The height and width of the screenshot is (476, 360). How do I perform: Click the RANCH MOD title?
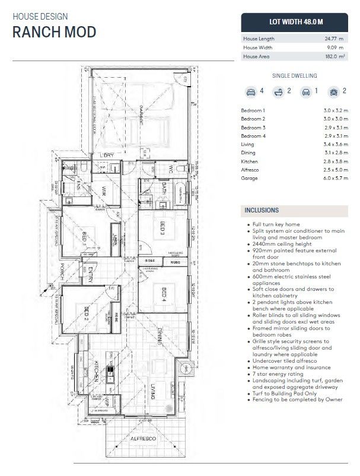point(54,32)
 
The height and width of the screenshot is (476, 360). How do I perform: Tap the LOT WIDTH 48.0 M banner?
point(296,21)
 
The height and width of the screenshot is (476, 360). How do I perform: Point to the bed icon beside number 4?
point(251,92)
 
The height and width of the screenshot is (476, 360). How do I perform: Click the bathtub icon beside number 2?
point(277,92)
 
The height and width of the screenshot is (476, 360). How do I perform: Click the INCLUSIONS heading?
point(262,210)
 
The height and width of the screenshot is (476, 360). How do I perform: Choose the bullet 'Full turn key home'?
point(276,224)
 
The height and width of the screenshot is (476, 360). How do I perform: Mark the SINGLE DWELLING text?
point(294,76)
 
